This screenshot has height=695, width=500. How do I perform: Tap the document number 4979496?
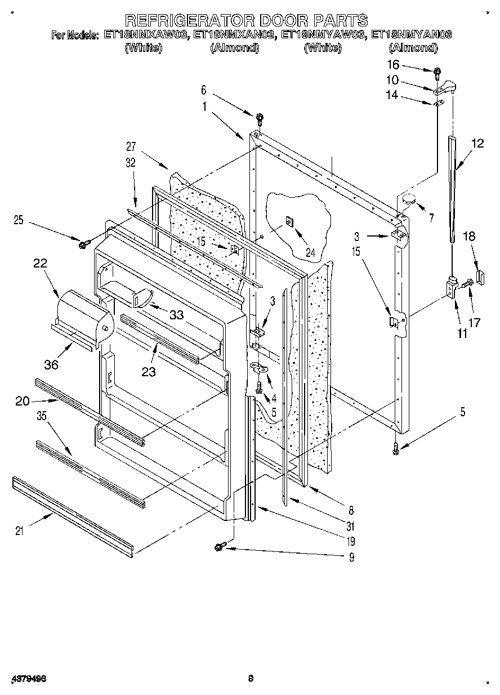coord(28,679)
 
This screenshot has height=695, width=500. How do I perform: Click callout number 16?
coord(393,65)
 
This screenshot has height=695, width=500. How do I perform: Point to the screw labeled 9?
coord(220,546)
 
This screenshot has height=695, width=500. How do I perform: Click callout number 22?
coord(40,263)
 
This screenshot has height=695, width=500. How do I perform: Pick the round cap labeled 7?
coord(409,198)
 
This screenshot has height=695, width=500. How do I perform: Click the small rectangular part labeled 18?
coord(480,277)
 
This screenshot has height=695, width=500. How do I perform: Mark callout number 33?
coord(176,315)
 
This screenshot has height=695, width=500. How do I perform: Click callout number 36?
coord(51,364)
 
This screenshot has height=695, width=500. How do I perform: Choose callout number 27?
coord(131,146)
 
